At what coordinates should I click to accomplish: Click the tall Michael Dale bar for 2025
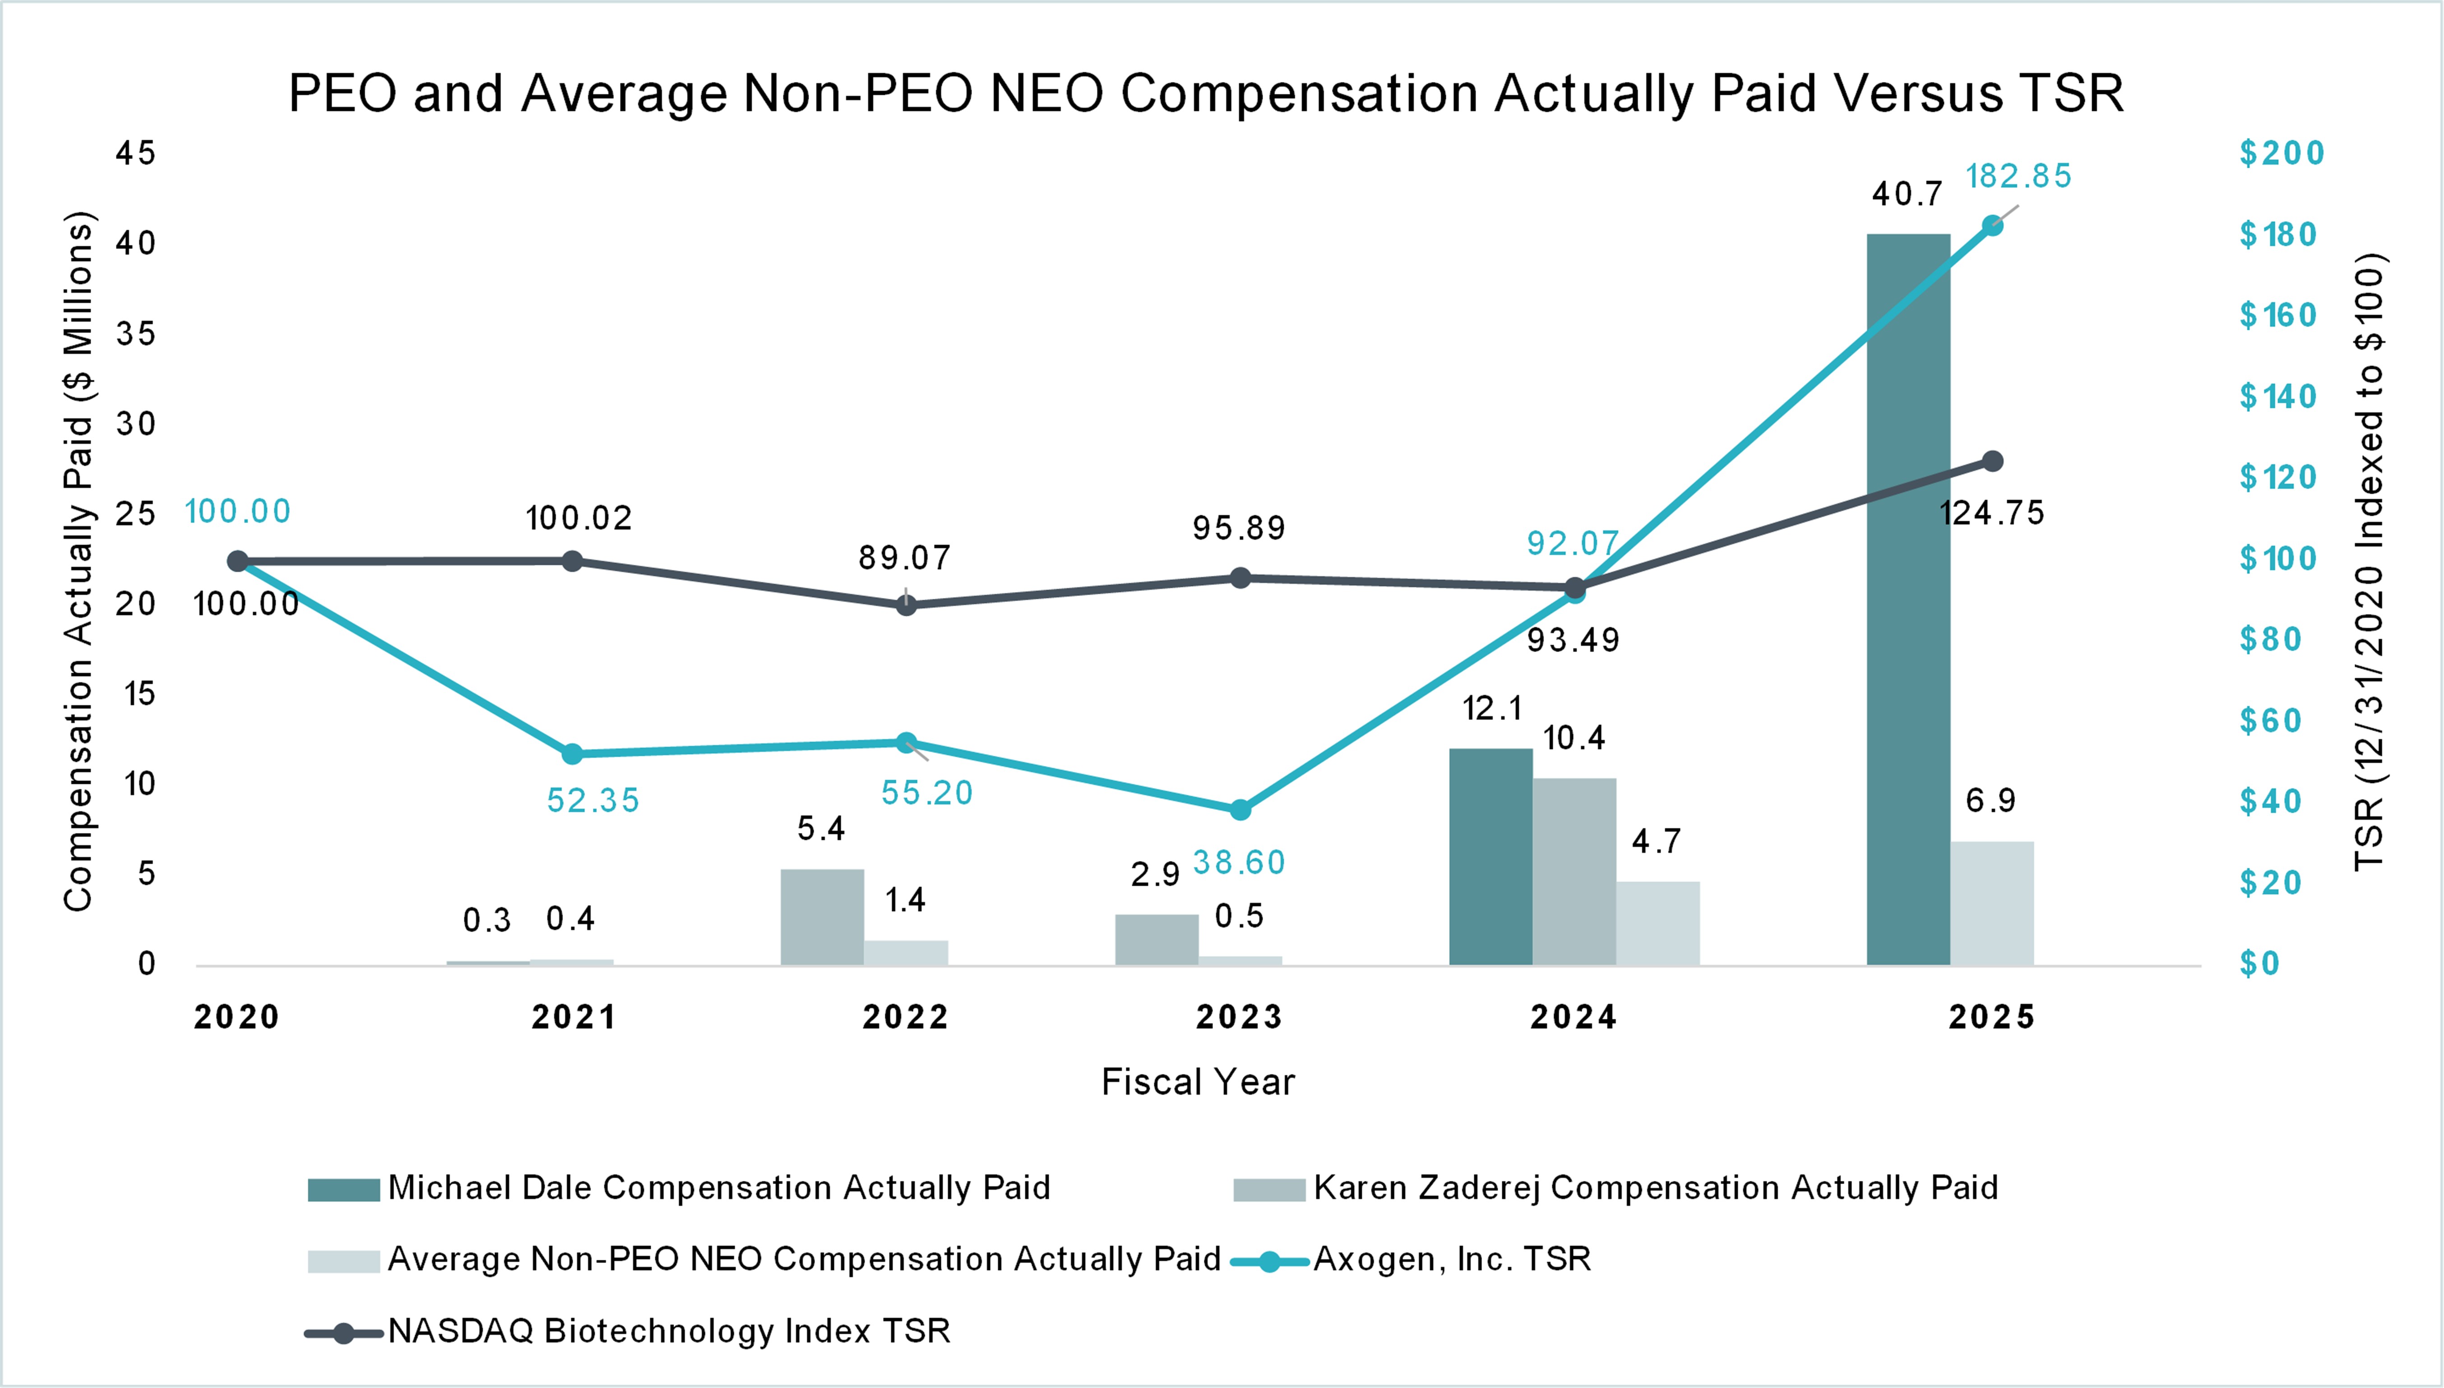(1908, 601)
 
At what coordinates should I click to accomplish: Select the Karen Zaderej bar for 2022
(822, 917)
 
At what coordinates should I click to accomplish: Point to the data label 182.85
(2018, 176)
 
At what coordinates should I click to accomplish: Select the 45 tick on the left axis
(135, 153)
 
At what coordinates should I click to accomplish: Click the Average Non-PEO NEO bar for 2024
(1657, 923)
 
